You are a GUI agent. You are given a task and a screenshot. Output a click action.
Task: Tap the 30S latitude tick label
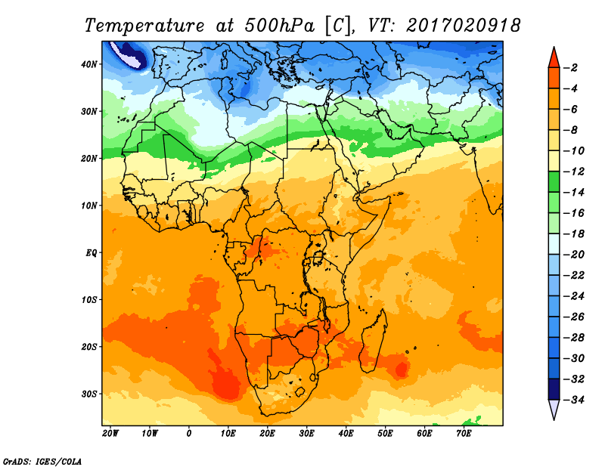90,394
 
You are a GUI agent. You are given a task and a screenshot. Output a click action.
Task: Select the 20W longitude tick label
110,434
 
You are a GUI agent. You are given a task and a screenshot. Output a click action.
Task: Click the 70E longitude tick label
464,434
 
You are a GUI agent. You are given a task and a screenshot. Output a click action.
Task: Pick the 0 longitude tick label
189,434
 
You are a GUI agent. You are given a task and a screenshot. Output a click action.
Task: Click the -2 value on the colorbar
572,68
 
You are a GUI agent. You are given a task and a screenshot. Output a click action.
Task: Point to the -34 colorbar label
572,400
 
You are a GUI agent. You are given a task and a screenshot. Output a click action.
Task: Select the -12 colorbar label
572,172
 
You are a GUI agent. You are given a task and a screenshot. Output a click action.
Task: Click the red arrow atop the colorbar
554,56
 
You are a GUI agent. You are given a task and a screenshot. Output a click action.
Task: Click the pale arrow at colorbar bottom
554,410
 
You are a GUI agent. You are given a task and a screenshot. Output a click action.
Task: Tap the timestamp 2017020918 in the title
463,25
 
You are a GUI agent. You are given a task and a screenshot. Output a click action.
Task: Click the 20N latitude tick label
90,159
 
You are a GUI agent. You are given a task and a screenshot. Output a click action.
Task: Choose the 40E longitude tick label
346,434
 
